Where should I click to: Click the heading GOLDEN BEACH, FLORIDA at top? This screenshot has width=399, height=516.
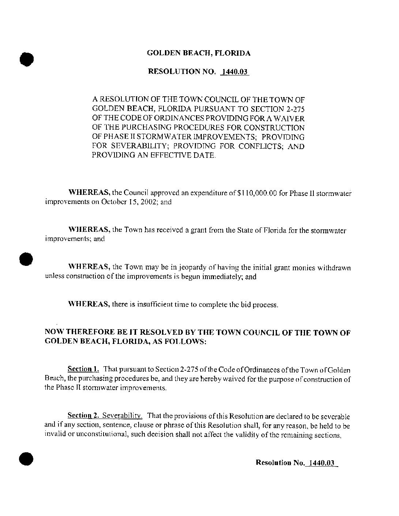click(x=199, y=53)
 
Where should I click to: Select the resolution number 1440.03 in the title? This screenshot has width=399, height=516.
click(x=234, y=72)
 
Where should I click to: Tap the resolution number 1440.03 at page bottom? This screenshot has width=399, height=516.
click(x=322, y=463)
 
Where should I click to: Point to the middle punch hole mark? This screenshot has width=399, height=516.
click(x=26, y=258)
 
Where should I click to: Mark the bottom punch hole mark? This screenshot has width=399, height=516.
click(x=26, y=459)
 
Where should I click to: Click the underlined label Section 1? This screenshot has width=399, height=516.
click(x=81, y=369)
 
